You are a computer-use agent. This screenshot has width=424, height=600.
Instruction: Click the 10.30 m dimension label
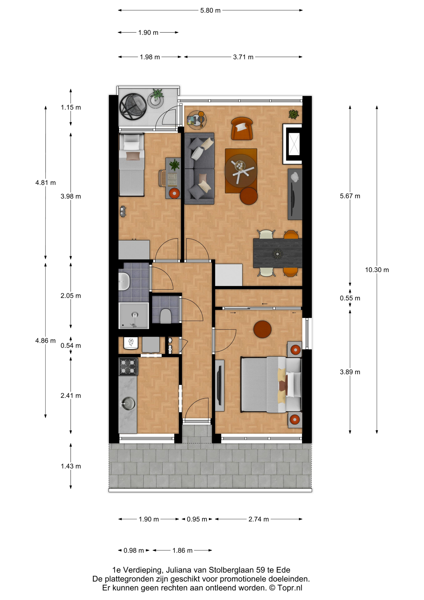[x=377, y=270]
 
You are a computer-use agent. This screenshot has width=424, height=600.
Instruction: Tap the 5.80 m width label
[x=210, y=11]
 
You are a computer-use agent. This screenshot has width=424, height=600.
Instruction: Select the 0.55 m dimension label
[x=350, y=298]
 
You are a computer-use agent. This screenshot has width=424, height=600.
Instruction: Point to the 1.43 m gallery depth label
[x=71, y=466]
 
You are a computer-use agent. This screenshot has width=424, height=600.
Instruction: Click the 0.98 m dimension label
[x=134, y=550]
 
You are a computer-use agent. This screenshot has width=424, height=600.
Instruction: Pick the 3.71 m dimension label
[x=243, y=57]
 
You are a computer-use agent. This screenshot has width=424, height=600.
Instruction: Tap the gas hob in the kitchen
[x=128, y=366]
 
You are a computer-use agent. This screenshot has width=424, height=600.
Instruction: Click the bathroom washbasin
[x=124, y=281]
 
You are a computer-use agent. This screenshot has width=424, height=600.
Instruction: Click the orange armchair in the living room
[x=242, y=128]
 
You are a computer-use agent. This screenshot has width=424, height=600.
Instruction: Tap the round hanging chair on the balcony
[x=133, y=107]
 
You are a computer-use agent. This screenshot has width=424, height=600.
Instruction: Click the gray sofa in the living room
[x=199, y=168]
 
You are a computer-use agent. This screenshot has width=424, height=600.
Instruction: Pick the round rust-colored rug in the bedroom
[x=262, y=329]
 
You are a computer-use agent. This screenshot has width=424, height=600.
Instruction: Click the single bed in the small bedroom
[x=131, y=165]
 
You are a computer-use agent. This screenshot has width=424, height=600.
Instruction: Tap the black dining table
[x=277, y=253]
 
